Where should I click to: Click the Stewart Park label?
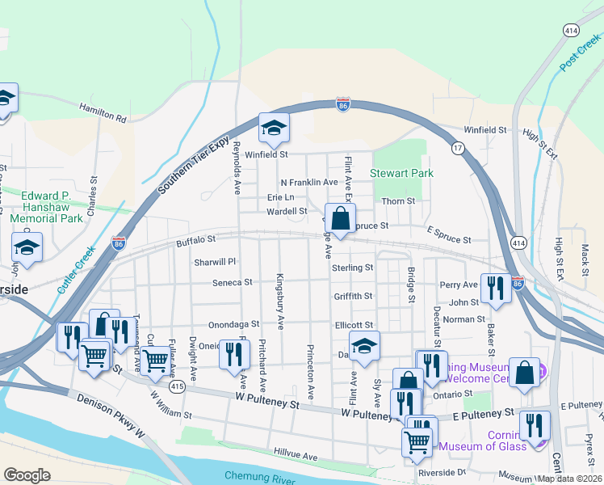pyautogui.click(x=401, y=173)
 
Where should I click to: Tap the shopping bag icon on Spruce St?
pyautogui.click(x=341, y=219)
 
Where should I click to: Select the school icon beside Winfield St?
pyautogui.click(x=274, y=128)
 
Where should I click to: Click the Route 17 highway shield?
pyautogui.click(x=458, y=149)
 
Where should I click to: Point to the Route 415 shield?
pyautogui.click(x=175, y=387)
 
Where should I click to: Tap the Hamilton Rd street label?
pyautogui.click(x=103, y=113)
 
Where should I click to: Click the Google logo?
pyautogui.click(x=27, y=474)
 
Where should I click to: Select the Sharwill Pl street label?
pyautogui.click(x=214, y=262)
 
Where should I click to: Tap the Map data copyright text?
pyautogui.click(x=569, y=479)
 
